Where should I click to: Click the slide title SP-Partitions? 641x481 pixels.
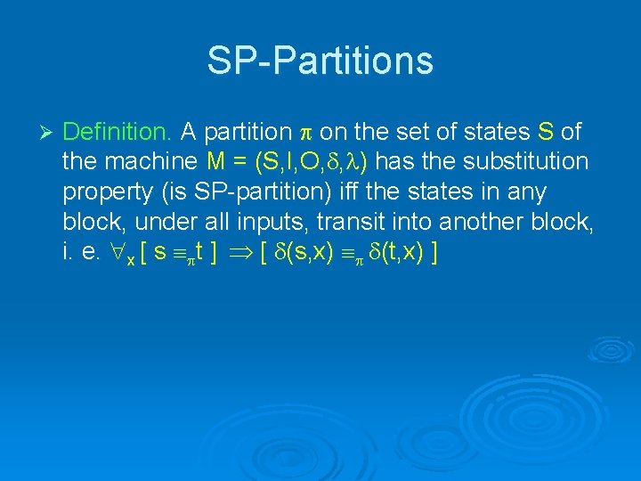click(x=320, y=61)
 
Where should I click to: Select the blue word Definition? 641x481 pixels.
click(x=118, y=133)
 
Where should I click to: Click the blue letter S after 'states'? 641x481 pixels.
click(x=546, y=133)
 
